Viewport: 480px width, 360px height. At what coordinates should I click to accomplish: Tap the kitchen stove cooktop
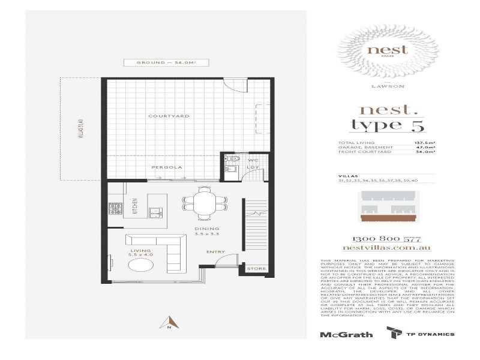pos(114,209)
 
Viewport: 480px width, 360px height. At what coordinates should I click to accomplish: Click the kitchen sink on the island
pos(155,211)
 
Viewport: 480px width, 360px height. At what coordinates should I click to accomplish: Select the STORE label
pos(257,269)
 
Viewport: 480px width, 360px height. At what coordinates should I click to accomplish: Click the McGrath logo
pos(346,335)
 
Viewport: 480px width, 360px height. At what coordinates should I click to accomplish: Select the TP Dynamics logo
pos(420,334)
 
